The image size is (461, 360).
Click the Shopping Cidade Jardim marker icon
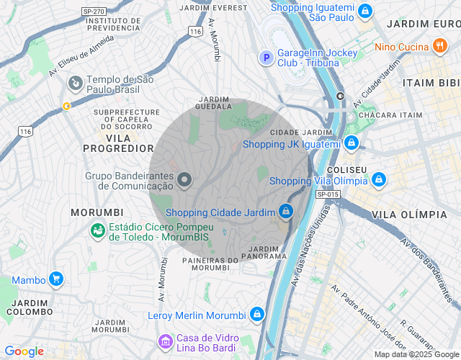(x=286, y=212)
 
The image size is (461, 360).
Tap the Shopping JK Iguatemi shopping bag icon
(x=350, y=143)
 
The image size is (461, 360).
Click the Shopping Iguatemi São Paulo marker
(x=365, y=12)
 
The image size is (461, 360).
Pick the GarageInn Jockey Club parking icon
(x=266, y=57)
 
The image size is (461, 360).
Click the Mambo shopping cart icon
(x=55, y=279)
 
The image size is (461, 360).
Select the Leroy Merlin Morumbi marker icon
(x=256, y=315)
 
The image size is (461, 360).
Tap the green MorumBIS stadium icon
(x=96, y=230)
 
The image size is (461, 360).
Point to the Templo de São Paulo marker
(x=74, y=84)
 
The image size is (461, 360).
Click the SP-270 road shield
(x=93, y=12)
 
